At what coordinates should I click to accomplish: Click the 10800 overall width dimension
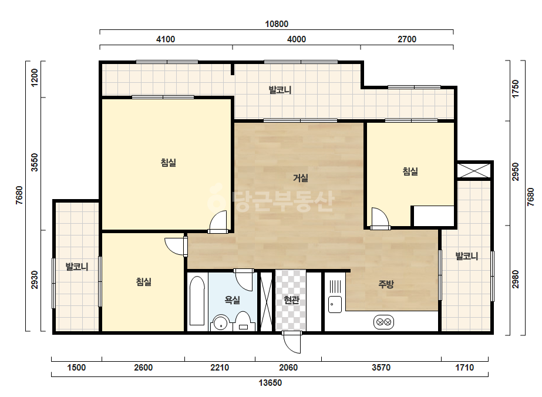(277, 24)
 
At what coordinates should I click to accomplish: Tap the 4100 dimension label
(166, 39)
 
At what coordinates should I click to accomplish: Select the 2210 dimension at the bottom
(220, 367)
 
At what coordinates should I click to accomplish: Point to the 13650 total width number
(270, 383)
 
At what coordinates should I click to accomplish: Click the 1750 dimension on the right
(516, 89)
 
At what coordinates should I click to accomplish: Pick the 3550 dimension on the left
(35, 163)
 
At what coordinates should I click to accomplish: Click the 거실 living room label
(301, 178)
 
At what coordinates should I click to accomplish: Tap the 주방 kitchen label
(386, 284)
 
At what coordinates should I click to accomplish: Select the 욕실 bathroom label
(233, 300)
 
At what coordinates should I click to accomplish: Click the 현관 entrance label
(291, 300)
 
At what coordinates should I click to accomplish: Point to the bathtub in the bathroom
(197, 301)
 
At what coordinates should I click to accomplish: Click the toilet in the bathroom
(243, 321)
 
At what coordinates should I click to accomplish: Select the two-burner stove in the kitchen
(383, 322)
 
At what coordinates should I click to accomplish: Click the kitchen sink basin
(335, 304)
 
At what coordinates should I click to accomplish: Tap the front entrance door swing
(292, 342)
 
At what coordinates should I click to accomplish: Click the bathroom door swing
(244, 280)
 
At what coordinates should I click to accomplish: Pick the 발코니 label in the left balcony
(77, 267)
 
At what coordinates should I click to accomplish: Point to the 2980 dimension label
(516, 280)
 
